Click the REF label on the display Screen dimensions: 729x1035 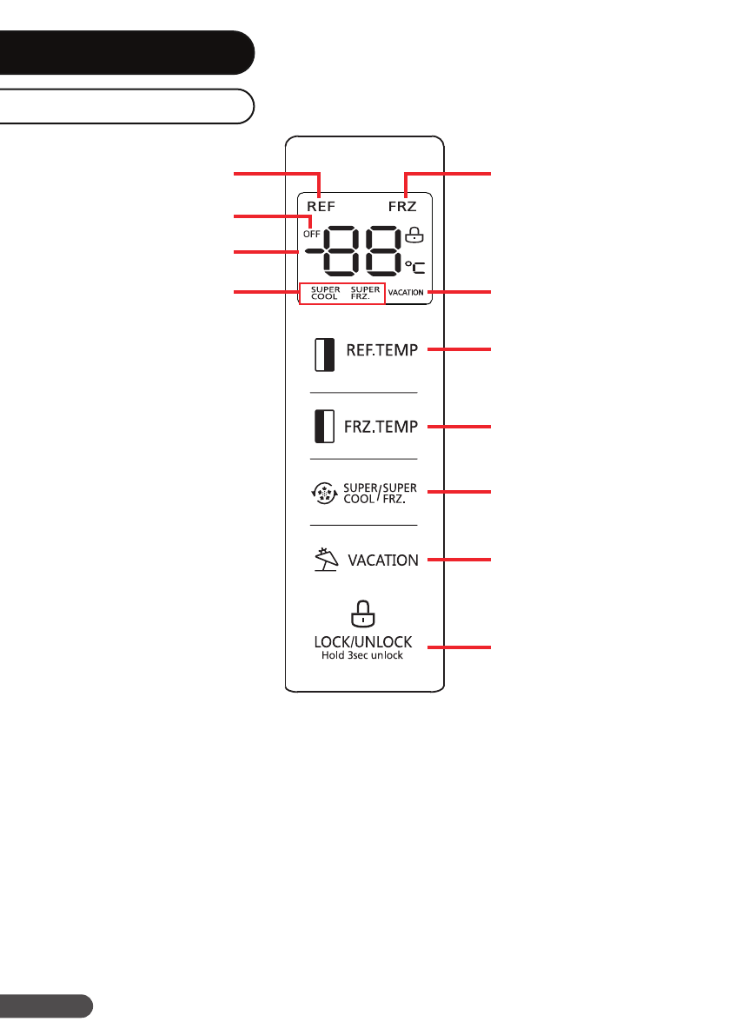tap(321, 207)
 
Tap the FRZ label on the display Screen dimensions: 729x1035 tap(402, 207)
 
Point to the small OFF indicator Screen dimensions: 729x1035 tap(311, 234)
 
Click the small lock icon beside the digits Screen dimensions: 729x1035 tap(414, 234)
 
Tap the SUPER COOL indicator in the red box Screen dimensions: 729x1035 tap(325, 293)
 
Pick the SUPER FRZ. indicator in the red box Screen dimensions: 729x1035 tap(365, 293)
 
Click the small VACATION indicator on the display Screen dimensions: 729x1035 tap(406, 293)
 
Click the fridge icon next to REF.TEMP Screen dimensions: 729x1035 tap(323, 355)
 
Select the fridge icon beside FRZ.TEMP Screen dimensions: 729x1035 tap(323, 427)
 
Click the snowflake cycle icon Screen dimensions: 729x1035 tap(324, 494)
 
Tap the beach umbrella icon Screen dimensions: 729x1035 tap(325, 560)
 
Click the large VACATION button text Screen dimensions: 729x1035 tap(383, 561)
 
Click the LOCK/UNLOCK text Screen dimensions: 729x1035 tap(363, 641)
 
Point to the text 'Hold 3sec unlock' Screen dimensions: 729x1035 tap(363, 655)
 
